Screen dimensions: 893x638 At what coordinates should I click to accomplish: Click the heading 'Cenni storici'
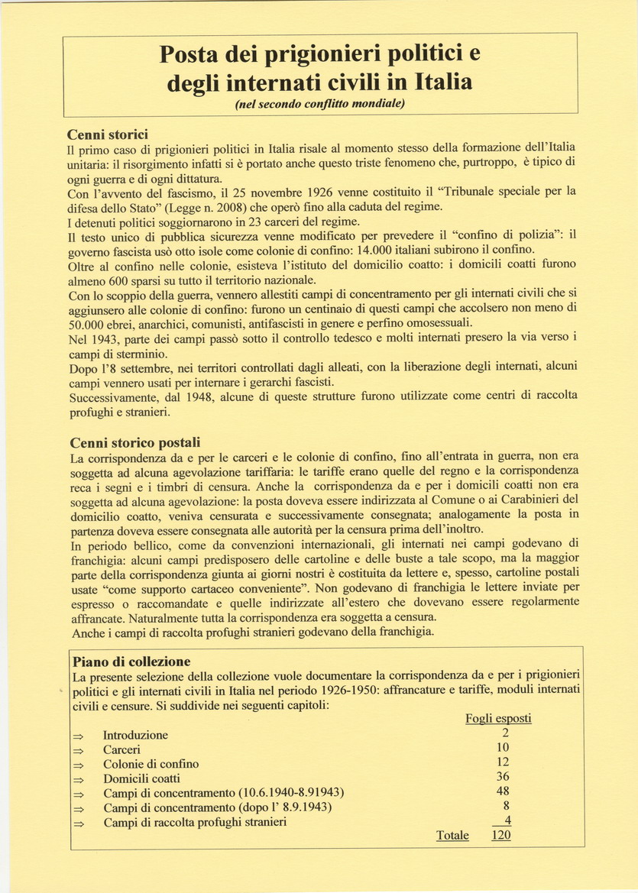[x=108, y=132]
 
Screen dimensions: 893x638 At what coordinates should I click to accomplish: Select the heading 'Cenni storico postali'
[x=135, y=442]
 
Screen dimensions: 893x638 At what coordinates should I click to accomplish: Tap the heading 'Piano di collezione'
[x=131, y=661]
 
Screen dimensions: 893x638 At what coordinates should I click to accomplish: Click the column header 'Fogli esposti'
[x=498, y=718]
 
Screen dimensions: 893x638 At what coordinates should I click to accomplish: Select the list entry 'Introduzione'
[x=135, y=735]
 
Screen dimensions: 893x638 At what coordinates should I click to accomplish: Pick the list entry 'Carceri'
[x=121, y=749]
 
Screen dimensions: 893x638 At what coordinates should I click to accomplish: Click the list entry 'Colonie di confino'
[x=151, y=764]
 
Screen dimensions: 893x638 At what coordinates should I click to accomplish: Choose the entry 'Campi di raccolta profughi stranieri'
[x=195, y=822]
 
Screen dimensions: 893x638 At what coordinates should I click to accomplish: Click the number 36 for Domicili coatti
[x=502, y=777]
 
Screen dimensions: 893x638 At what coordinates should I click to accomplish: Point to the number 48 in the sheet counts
[x=502, y=791]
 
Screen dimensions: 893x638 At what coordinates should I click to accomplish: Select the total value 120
[x=500, y=835]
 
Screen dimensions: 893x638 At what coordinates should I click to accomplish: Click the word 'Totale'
[x=452, y=836]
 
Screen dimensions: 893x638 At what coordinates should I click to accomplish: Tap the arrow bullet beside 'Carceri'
[x=77, y=750]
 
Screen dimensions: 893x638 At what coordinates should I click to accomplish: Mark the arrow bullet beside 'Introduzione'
[x=77, y=736]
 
